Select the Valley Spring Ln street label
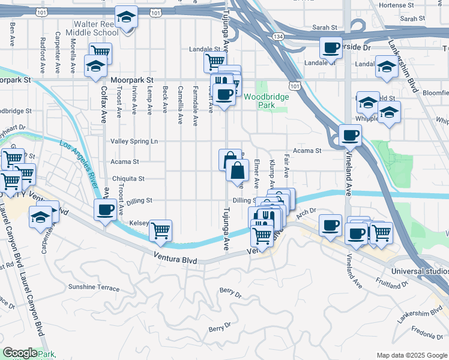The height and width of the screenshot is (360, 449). point(134,142)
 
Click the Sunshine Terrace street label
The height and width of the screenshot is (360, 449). point(94,287)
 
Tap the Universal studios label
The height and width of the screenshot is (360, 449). point(420,271)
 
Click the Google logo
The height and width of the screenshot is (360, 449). point(19,352)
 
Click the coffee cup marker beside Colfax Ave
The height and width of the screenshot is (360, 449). point(106,210)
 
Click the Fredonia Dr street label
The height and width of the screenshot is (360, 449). point(428,331)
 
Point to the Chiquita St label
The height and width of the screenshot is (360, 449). point(128,179)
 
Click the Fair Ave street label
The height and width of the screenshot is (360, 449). point(286,164)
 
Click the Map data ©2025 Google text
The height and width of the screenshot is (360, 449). point(411,355)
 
